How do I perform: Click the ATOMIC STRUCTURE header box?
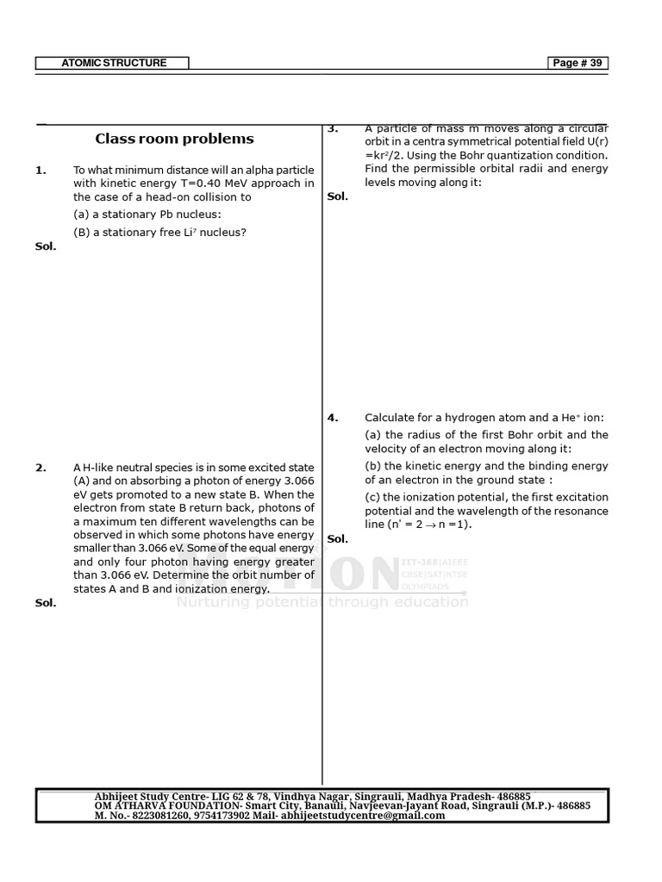[112, 63]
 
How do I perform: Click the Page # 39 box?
[578, 63]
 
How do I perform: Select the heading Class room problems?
[174, 139]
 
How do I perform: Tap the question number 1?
[41, 171]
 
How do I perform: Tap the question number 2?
[41, 468]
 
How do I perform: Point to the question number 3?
[333, 129]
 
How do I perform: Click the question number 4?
[333, 418]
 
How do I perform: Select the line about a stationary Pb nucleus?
[147, 214]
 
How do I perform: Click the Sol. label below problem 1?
[46, 246]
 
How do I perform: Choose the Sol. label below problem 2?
[46, 603]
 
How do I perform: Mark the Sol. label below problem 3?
[338, 196]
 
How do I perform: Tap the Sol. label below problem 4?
[338, 539]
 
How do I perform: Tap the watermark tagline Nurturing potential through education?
[322, 602]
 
